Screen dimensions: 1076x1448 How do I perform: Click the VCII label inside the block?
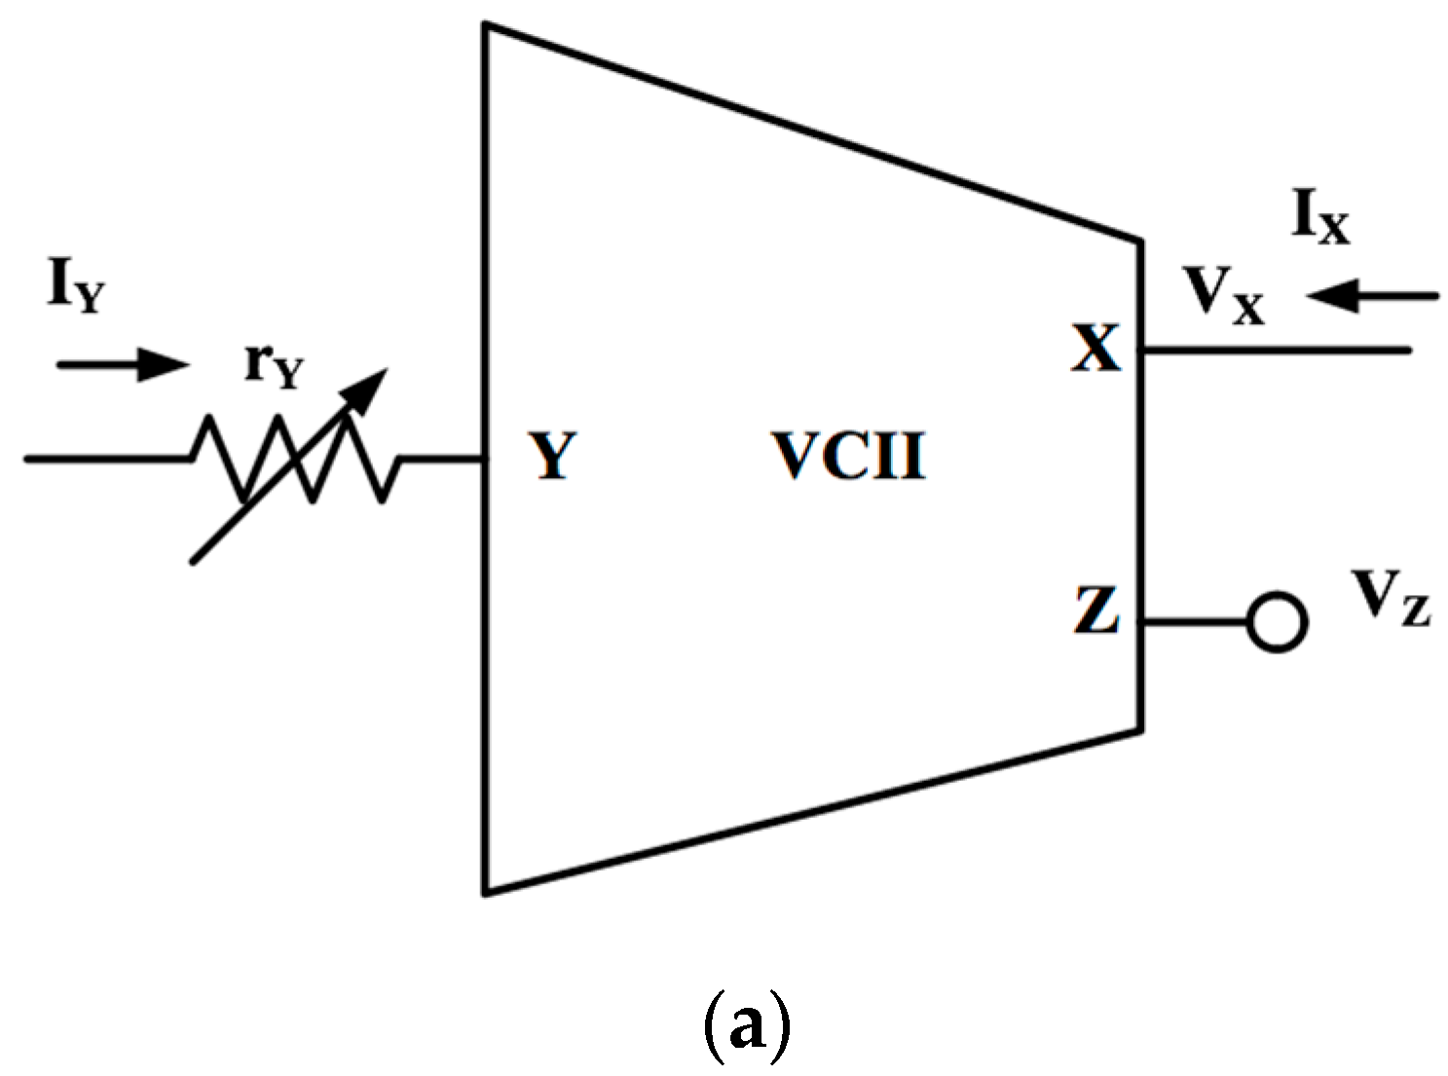[847, 456]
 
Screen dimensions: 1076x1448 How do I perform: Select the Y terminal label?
[553, 456]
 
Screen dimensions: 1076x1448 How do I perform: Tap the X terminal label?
[1096, 349]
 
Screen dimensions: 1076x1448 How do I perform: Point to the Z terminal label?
[1096, 611]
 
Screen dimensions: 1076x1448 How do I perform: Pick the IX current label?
[1320, 218]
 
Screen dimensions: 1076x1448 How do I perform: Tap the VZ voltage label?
[1391, 597]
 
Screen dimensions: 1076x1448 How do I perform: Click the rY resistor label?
[274, 366]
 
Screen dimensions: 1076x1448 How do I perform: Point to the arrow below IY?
[122, 365]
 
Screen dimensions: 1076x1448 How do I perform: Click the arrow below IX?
[1373, 295]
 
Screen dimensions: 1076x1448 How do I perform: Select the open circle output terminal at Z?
[1276, 622]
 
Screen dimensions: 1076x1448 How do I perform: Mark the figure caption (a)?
[746, 1027]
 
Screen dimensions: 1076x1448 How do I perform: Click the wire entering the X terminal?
[1276, 349]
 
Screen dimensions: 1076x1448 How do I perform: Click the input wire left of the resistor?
[107, 458]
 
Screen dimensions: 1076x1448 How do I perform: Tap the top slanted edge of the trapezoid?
[813, 131]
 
